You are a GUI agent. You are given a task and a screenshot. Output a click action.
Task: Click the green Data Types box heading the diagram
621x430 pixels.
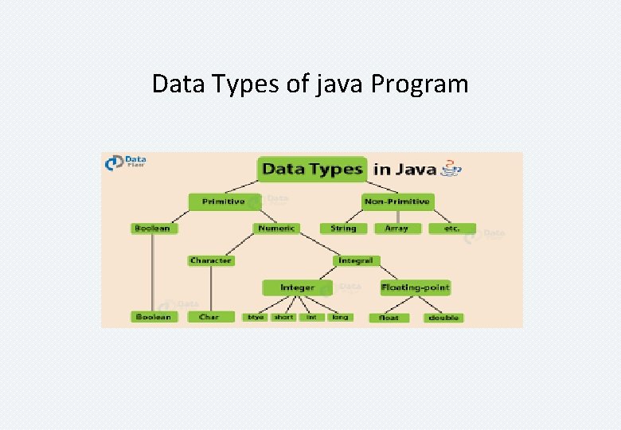click(312, 169)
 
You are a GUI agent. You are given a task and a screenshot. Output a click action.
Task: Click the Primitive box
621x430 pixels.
click(224, 201)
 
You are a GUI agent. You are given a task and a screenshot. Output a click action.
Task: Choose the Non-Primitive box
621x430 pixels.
click(397, 201)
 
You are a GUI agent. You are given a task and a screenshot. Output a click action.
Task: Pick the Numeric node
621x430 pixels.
click(276, 228)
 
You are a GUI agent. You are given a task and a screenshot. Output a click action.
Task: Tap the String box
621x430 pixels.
click(343, 228)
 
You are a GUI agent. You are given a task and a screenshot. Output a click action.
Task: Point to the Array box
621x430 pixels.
click(396, 228)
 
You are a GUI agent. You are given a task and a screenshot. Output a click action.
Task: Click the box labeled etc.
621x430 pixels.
click(451, 229)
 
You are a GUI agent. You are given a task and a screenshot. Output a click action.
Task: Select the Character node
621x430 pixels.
click(211, 260)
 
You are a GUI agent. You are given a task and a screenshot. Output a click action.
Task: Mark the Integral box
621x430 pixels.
click(356, 260)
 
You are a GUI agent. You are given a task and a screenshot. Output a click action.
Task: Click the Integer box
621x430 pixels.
click(297, 287)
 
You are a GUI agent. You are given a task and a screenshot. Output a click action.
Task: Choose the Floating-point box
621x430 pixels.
click(416, 287)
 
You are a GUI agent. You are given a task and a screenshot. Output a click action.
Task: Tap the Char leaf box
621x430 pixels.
click(209, 317)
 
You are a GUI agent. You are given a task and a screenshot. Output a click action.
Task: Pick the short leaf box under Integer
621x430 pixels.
click(283, 317)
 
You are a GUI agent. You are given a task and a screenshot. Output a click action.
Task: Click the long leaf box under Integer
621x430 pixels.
click(340, 317)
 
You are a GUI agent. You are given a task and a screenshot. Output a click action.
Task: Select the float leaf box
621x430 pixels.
click(389, 318)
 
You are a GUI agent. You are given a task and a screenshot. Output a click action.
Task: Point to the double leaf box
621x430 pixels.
click(444, 318)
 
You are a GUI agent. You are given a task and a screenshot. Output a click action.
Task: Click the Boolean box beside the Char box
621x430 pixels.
click(152, 317)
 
